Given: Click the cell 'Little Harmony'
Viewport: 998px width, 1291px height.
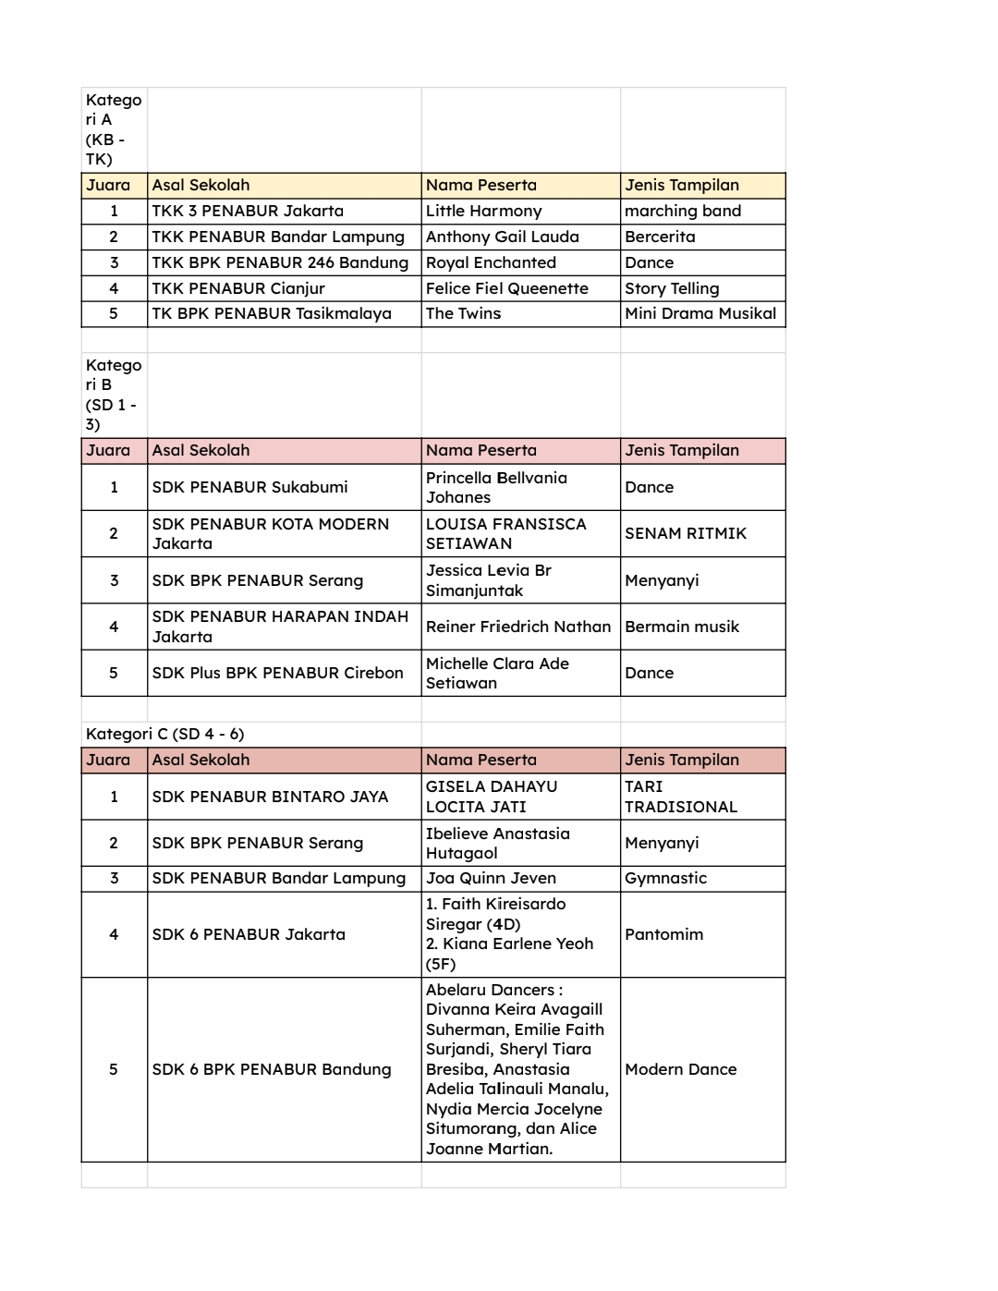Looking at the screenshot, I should coord(483,211).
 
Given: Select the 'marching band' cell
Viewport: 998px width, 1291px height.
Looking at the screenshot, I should coord(683,211).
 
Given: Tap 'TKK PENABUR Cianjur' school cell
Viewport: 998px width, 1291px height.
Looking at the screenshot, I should coord(238,288).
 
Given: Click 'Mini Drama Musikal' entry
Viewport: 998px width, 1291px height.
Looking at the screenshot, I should coord(700,313).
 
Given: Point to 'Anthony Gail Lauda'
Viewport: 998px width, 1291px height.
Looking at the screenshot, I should coord(502,237).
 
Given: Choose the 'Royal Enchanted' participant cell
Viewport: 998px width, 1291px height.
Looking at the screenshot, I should coord(491,262).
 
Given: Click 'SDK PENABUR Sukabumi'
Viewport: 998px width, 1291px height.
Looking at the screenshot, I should coord(249,487).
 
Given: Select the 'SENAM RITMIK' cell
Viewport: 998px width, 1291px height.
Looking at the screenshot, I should coord(686,533).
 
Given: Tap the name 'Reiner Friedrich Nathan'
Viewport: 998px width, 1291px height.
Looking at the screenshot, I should coord(518,627).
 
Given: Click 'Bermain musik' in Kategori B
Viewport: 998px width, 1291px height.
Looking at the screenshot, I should coord(682,627).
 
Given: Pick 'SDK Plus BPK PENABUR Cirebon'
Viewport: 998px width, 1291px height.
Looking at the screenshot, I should coord(277,673).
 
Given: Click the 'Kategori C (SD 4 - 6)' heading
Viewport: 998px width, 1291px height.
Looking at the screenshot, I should coord(165,734).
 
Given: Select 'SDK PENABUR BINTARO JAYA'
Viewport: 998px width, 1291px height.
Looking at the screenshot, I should coord(270,797).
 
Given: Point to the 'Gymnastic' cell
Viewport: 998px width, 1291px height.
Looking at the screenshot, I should coord(665,878).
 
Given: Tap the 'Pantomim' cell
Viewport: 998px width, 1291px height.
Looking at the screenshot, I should coord(663,934).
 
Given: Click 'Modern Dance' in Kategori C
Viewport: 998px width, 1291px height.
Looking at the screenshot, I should coord(680,1069).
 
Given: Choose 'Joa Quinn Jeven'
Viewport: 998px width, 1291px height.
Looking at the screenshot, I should coord(491,878).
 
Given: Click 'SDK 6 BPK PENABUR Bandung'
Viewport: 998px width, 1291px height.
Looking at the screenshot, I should coord(272,1069).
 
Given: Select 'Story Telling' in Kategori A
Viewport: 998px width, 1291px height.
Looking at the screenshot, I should coord(672,288).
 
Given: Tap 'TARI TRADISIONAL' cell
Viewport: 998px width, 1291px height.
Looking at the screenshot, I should coord(680,797).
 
